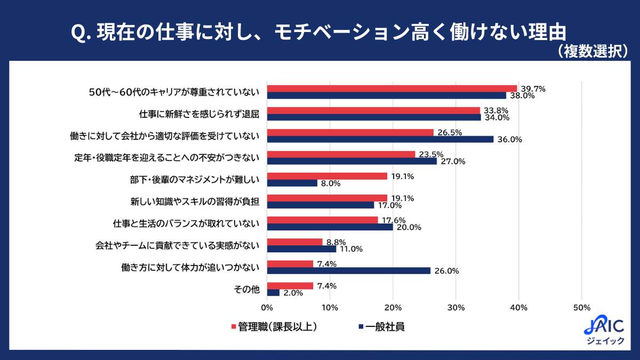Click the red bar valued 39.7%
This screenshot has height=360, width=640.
coord(392,89)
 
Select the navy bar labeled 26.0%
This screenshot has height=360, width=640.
coord(348,270)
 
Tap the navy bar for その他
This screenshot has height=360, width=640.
coord(273,293)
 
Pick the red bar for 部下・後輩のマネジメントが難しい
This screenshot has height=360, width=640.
coord(327,176)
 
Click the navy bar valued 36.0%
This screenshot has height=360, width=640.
coord(380,139)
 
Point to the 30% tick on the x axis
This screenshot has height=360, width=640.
coord(455,308)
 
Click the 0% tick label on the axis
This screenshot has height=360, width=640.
coord(267,308)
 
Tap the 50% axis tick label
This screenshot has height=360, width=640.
coord(581,308)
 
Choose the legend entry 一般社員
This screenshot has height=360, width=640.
coord(382,327)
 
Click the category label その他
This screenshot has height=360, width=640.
coord(246,289)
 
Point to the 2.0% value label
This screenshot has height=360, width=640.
coord(292,293)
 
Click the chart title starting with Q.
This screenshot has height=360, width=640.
coord(318,33)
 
